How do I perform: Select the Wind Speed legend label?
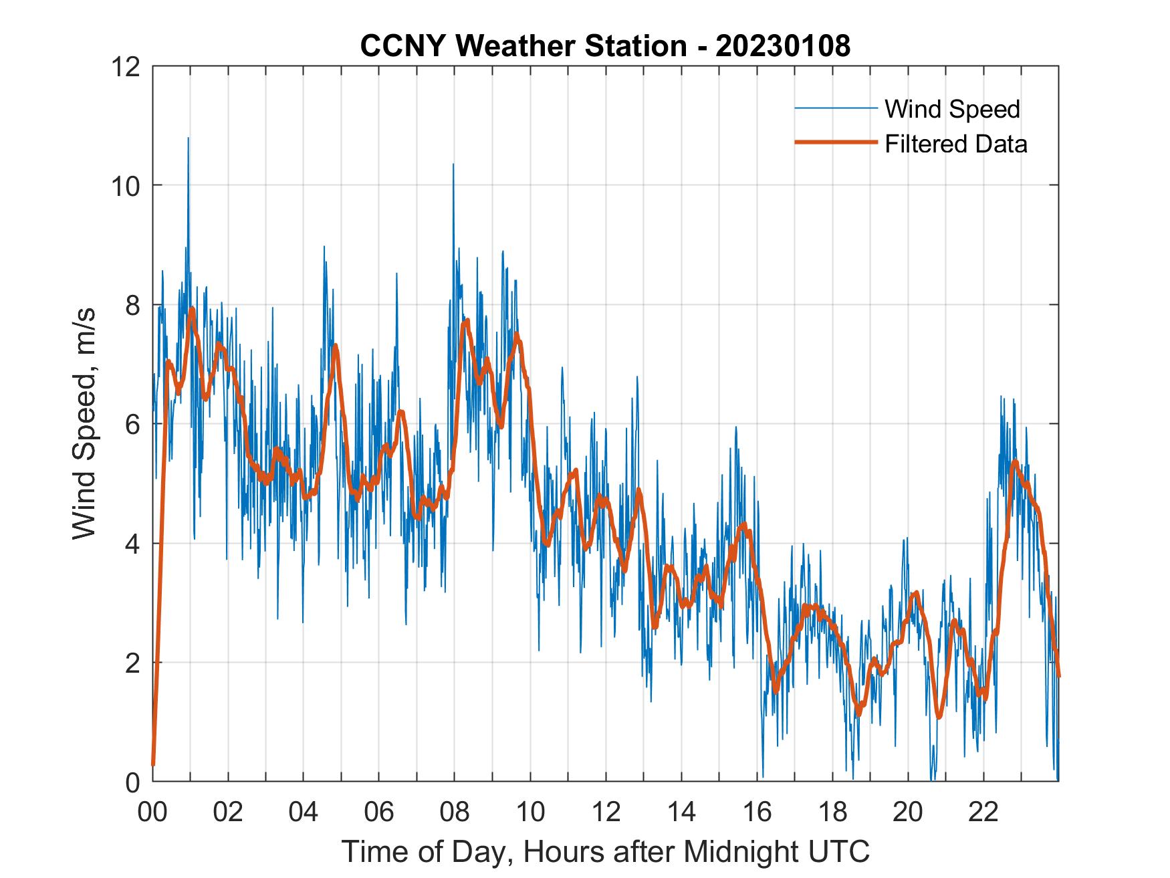[x=952, y=109]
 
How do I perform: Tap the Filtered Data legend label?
[x=955, y=144]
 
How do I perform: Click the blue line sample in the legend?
[x=835, y=108]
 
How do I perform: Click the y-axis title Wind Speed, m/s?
[x=84, y=423]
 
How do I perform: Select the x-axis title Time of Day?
[x=605, y=852]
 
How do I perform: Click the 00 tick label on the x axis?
[x=152, y=812]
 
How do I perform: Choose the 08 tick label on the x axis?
[x=455, y=812]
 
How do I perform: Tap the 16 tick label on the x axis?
[x=757, y=812]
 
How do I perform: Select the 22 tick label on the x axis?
[x=983, y=812]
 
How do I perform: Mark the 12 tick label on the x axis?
[x=606, y=812]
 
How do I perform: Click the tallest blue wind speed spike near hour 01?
[x=188, y=138]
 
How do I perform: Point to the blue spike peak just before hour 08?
[x=453, y=164]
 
